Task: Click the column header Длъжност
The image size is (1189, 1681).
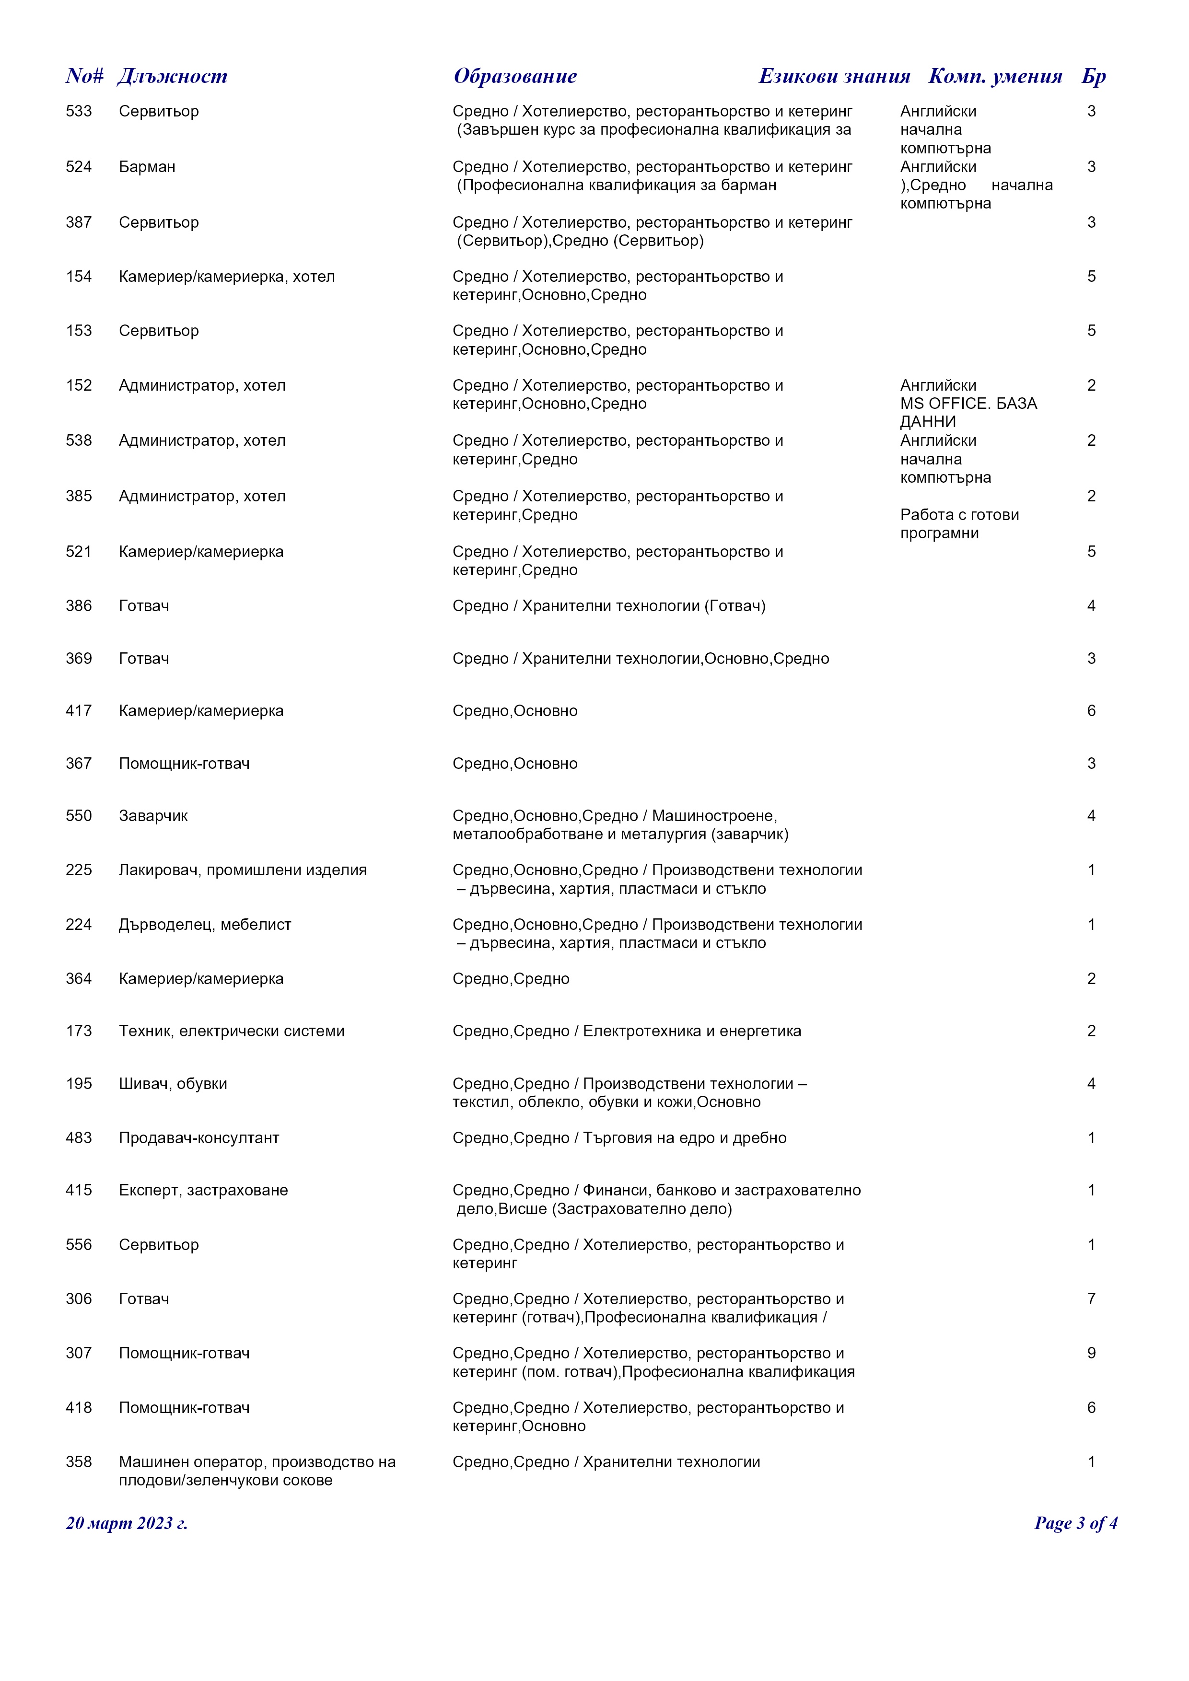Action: (172, 76)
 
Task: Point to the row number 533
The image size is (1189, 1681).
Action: (79, 111)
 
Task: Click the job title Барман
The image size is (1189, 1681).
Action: (147, 167)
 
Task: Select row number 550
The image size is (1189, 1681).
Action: (79, 816)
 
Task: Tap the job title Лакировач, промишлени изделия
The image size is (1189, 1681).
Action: (242, 870)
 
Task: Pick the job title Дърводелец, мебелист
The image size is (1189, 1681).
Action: (205, 924)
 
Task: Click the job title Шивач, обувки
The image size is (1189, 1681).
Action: (173, 1084)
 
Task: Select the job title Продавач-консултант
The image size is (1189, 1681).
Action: (199, 1138)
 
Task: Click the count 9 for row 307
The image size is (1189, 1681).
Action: (1091, 1353)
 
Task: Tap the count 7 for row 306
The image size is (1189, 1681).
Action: (1091, 1299)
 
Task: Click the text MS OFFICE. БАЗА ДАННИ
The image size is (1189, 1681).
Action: (968, 412)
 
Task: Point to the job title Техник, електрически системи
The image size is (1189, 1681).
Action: (232, 1031)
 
